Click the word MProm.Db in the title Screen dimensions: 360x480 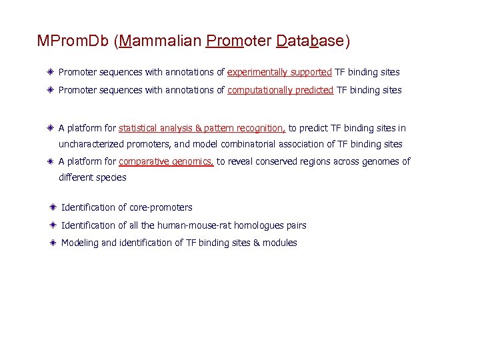(73, 41)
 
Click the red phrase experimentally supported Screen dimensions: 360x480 (279, 72)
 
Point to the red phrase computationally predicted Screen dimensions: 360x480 (280, 90)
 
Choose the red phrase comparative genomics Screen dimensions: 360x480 (166, 161)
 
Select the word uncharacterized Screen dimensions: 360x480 (90, 144)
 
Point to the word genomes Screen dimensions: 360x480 (380, 161)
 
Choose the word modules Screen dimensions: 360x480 (280, 243)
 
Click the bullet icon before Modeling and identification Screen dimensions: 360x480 (52, 243)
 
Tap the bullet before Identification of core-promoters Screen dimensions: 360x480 (52, 207)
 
